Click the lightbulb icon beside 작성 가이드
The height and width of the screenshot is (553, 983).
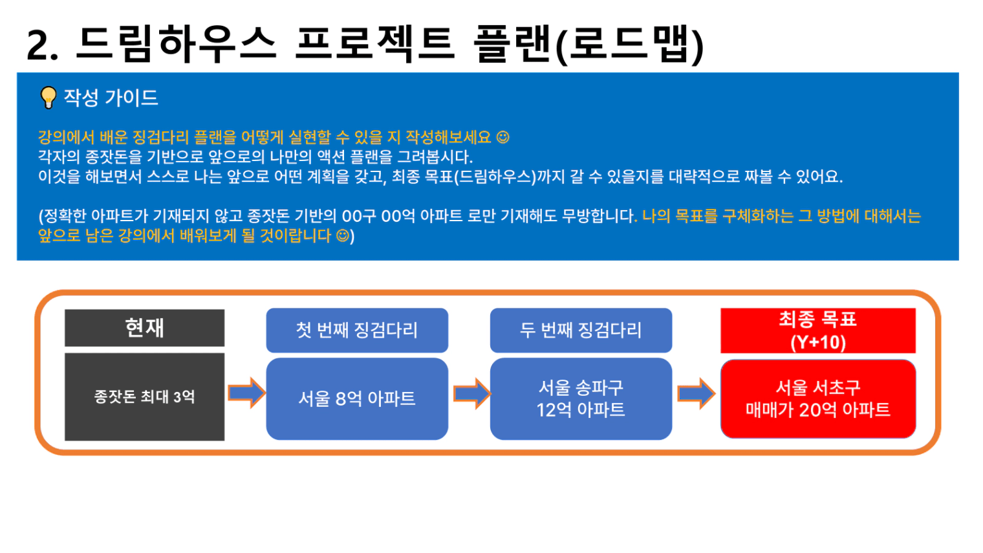(x=49, y=97)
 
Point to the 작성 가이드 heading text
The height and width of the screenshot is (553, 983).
(x=111, y=98)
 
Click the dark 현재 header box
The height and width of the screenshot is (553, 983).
(x=144, y=328)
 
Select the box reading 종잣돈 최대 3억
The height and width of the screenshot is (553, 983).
(x=144, y=396)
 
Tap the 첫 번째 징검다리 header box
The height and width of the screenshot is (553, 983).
(x=357, y=330)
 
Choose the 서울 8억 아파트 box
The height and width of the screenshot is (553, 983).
(x=357, y=398)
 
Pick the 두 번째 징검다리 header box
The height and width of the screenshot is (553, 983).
(x=581, y=330)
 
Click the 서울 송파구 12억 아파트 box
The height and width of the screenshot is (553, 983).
(x=581, y=398)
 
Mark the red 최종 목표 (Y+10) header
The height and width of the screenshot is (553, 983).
(x=818, y=331)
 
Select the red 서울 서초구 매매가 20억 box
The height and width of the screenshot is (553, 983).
(x=818, y=398)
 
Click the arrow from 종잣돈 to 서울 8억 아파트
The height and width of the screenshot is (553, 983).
(x=246, y=393)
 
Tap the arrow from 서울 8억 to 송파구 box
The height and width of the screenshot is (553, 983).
(x=471, y=394)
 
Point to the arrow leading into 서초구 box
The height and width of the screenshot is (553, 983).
(x=697, y=394)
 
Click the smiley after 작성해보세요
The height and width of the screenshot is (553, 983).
(x=503, y=137)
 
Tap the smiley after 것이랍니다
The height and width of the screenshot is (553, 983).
(x=343, y=235)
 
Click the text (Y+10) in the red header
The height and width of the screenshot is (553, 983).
(x=818, y=342)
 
